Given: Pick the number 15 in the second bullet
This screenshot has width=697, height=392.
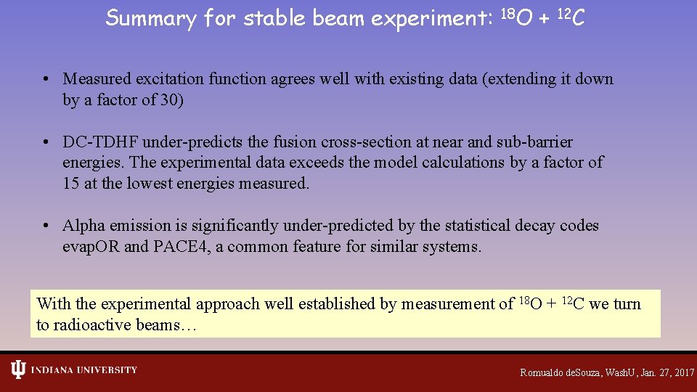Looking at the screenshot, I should pos(71,184).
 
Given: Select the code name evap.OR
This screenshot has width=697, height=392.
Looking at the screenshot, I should pos(91,247).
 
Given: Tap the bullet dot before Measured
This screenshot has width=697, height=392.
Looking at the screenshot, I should pos(45,80).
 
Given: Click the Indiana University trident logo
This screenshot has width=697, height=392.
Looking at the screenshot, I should pos(18,370).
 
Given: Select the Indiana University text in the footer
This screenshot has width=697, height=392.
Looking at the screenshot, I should pos(83,370).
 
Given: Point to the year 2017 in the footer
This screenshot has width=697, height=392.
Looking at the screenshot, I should pos(683,372).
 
